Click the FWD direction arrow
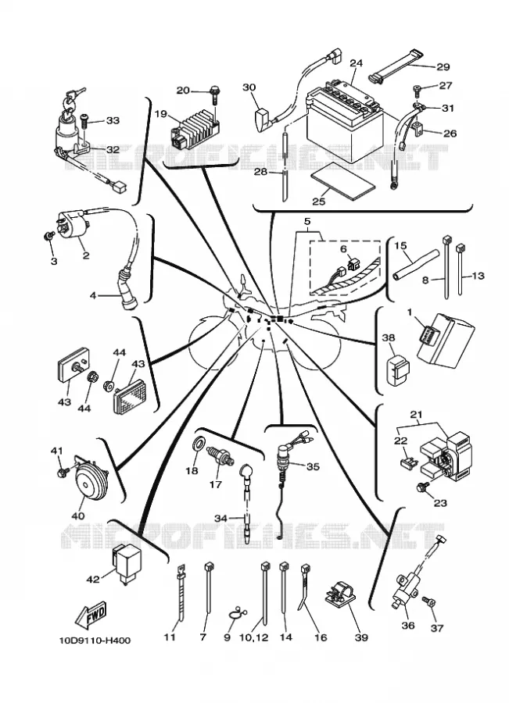(x=91, y=614)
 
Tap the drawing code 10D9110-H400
(x=95, y=641)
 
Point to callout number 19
(x=161, y=113)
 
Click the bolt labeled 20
(x=214, y=95)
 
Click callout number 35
(x=313, y=467)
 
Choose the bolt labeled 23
(x=423, y=486)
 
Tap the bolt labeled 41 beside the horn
(x=63, y=471)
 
